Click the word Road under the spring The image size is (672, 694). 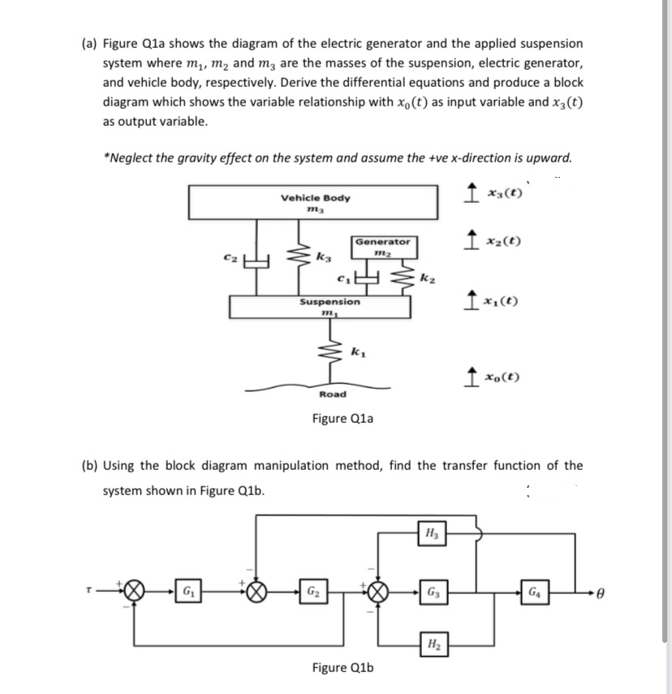point(333,394)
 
